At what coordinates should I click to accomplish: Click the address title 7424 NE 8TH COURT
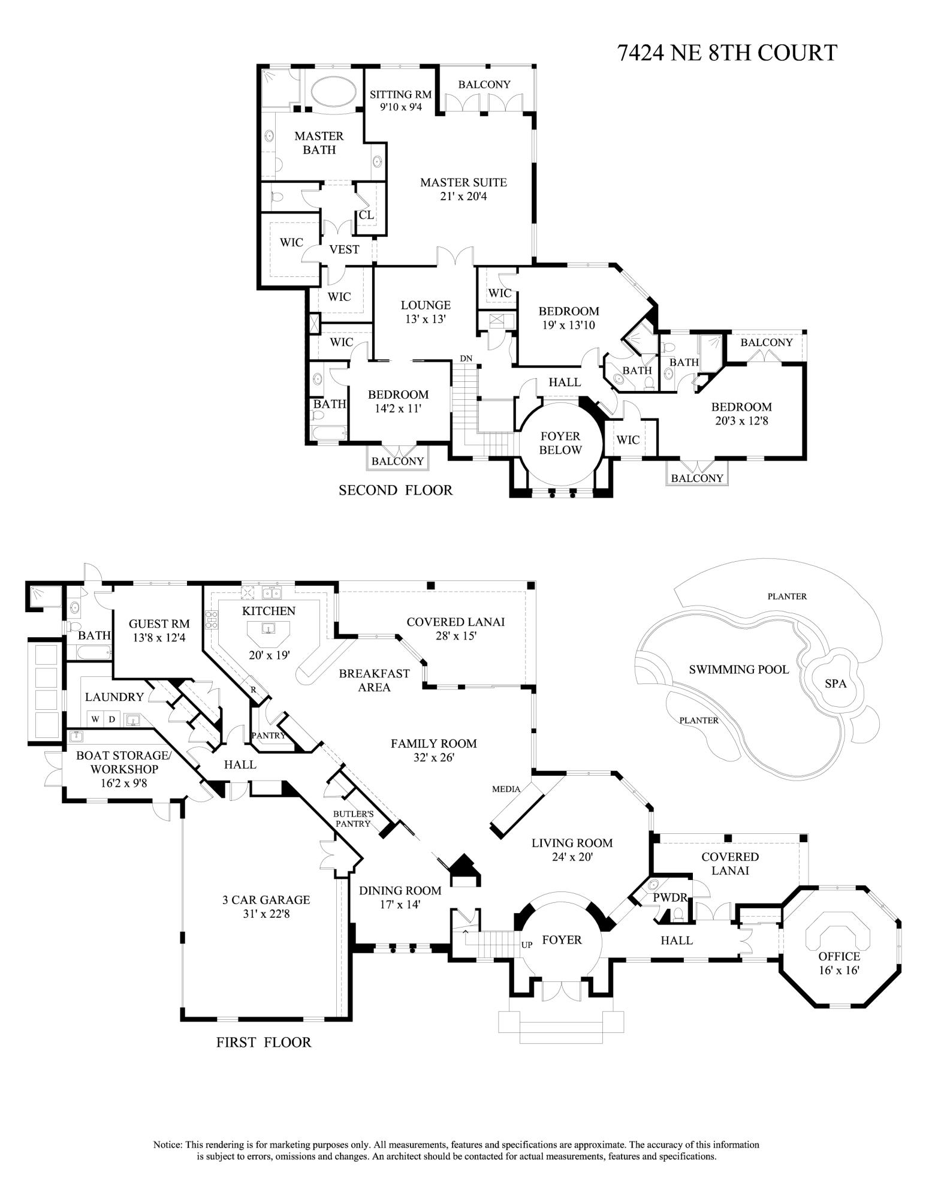[726, 53]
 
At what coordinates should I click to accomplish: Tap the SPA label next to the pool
[835, 683]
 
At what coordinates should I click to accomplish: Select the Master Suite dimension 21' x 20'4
[463, 196]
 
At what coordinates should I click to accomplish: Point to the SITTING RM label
[400, 95]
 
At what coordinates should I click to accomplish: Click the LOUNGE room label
[426, 305]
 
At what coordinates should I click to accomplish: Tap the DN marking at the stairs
[466, 359]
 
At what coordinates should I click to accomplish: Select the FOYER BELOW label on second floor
[560, 443]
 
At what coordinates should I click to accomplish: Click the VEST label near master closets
[344, 249]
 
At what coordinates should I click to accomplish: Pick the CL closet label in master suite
[366, 215]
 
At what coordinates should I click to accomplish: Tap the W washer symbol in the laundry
[95, 719]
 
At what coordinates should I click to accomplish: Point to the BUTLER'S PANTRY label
[354, 819]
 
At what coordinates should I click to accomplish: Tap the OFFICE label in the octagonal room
[839, 956]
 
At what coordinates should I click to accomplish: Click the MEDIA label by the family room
[506, 789]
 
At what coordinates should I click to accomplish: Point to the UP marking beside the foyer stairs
[527, 945]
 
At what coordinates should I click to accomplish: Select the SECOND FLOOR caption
[396, 490]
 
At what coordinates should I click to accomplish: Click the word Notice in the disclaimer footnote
[167, 1144]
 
